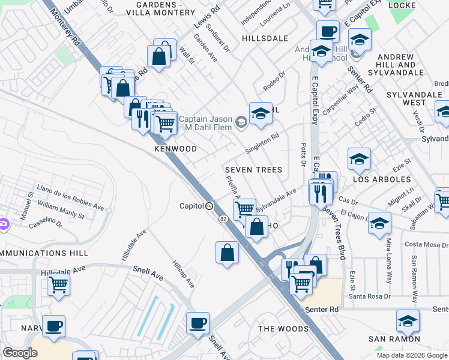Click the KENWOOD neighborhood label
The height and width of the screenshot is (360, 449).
click(175, 148)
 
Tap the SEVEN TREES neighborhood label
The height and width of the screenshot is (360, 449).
click(253, 170)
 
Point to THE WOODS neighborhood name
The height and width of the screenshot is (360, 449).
click(283, 329)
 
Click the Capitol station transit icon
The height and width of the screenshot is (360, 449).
click(209, 206)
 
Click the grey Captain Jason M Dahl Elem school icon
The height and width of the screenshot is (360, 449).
click(241, 122)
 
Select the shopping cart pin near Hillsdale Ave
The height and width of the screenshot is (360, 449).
click(58, 284)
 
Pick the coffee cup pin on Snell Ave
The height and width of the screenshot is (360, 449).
click(197, 324)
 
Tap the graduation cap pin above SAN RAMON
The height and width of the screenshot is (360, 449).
click(408, 321)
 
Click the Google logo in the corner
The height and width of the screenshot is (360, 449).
click(20, 353)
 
